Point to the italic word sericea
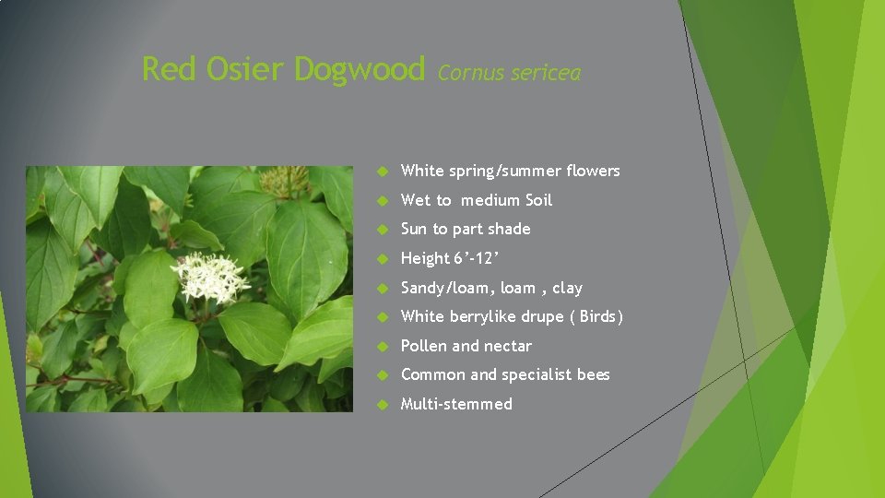pyautogui.click(x=548, y=73)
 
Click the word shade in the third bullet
pyautogui.click(x=509, y=229)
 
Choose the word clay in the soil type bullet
pyautogui.click(x=568, y=288)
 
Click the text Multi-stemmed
pyautogui.click(x=456, y=404)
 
